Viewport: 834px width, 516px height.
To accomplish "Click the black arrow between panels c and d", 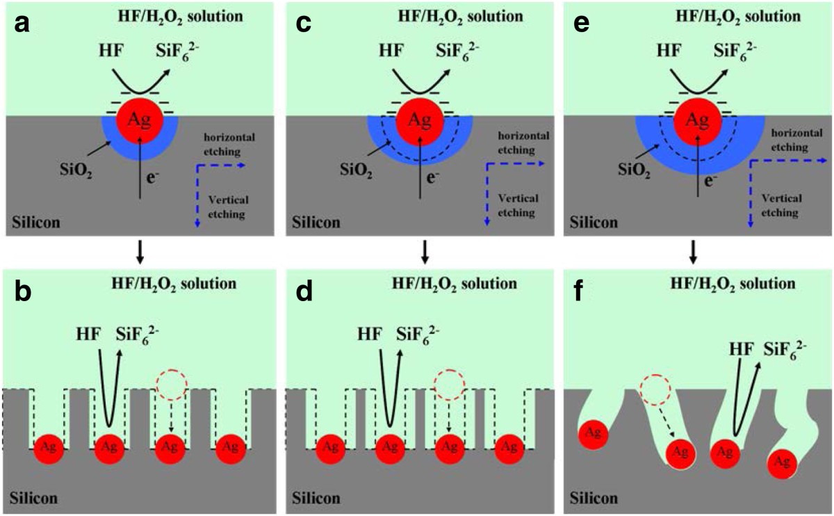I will click(x=424, y=254).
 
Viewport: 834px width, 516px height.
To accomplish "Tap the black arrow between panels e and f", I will click(x=693, y=254).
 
